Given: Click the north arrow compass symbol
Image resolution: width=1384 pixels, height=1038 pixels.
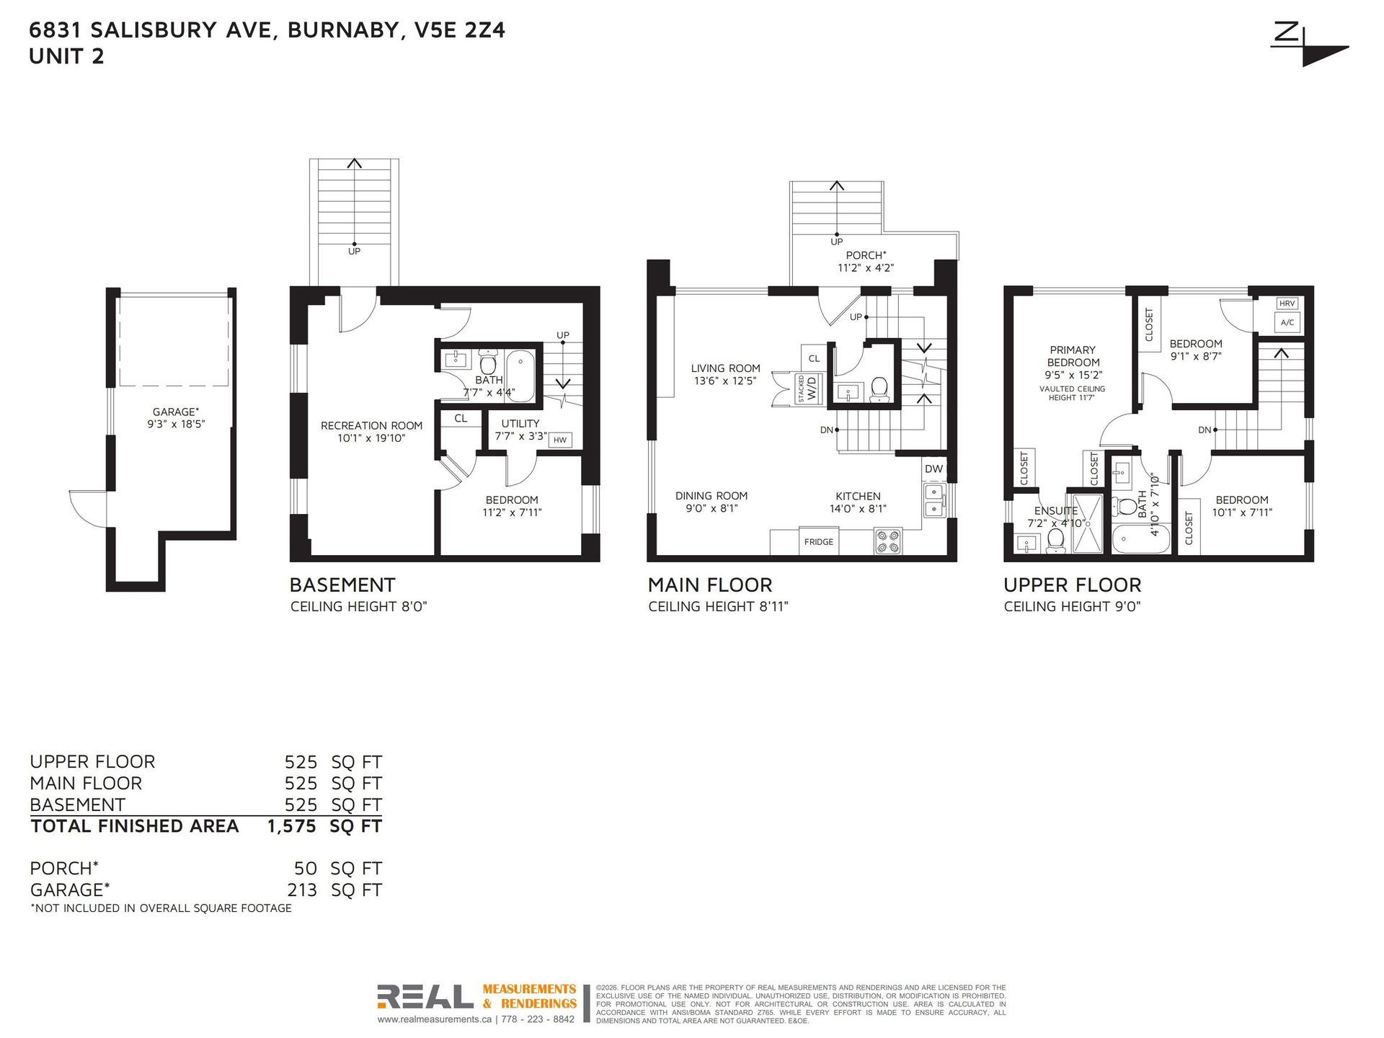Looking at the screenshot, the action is point(1308,45).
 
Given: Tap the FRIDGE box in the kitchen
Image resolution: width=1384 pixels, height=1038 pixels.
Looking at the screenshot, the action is point(819,541).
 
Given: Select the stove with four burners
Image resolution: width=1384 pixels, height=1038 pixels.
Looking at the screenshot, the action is point(888,541).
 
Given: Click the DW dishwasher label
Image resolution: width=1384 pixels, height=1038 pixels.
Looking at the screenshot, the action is point(933,469).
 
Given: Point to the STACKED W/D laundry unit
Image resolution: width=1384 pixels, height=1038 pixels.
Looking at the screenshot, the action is point(808,389).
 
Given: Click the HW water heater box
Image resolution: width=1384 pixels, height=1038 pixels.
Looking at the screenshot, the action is point(560,440).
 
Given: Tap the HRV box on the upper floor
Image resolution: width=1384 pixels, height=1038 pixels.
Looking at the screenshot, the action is point(1287,303).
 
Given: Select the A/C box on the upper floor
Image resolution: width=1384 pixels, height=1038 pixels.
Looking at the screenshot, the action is point(1287,322).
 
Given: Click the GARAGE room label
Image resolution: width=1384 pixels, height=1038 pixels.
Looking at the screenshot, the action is point(175,412).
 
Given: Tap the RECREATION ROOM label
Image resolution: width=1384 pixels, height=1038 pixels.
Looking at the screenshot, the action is point(372,425).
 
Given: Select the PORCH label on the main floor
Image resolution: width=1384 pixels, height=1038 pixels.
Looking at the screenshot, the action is point(866,255).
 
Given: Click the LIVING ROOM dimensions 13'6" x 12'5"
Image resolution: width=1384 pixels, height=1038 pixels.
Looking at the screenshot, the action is point(725,381).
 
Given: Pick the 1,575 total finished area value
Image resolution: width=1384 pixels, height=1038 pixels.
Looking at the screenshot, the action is point(291,826).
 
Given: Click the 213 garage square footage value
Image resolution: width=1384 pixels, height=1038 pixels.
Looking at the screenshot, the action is point(302,890).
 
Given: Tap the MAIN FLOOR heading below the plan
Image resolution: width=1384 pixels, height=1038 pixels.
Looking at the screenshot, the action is point(710,585).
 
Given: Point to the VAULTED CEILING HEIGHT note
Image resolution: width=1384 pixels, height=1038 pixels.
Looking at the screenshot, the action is point(1072,393).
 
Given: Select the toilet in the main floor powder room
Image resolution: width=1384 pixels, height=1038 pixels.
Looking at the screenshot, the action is point(879,390).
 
